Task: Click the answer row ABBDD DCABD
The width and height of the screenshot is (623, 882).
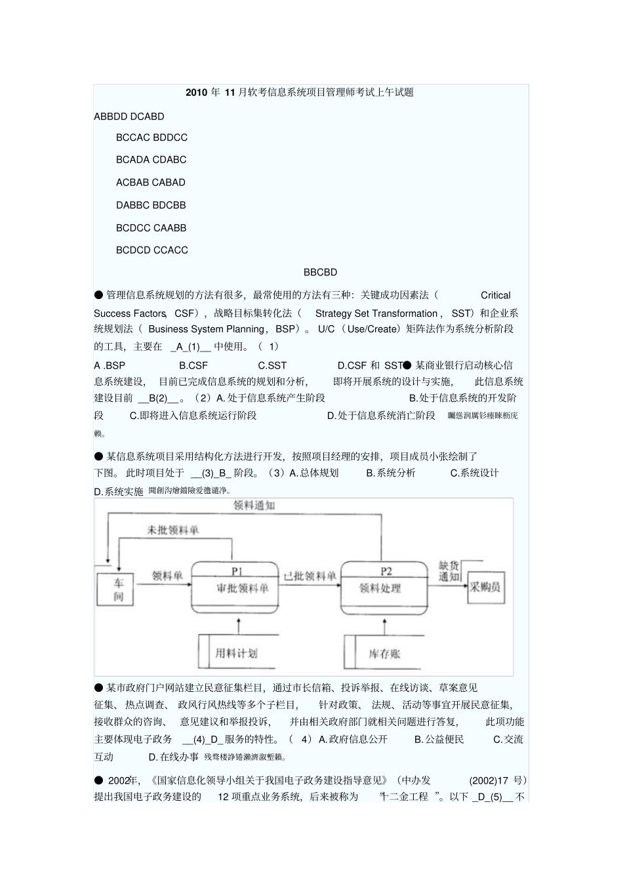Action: tap(129, 117)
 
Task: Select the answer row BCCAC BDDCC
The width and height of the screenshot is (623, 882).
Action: tap(151, 138)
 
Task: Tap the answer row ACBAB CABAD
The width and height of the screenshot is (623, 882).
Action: tap(151, 182)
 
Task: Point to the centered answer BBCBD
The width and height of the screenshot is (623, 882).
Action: tap(320, 272)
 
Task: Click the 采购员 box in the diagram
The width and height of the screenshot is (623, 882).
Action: tap(485, 588)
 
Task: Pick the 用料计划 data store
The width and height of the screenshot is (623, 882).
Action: tap(236, 652)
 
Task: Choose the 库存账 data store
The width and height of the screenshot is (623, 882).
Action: tap(384, 653)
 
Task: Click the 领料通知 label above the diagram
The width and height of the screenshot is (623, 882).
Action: tap(254, 506)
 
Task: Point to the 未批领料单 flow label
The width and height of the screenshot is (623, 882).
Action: tap(172, 530)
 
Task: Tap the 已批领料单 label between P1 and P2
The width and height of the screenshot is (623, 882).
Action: tap(310, 576)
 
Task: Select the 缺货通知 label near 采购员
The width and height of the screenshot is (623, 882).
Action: tap(449, 571)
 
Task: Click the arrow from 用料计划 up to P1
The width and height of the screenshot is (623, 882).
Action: tap(238, 624)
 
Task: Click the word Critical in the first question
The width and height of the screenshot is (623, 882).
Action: tap(495, 296)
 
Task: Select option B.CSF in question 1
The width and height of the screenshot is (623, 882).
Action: tap(193, 365)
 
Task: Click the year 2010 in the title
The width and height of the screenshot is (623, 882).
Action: tap(196, 92)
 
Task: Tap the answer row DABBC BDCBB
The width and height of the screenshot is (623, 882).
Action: tap(151, 205)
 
